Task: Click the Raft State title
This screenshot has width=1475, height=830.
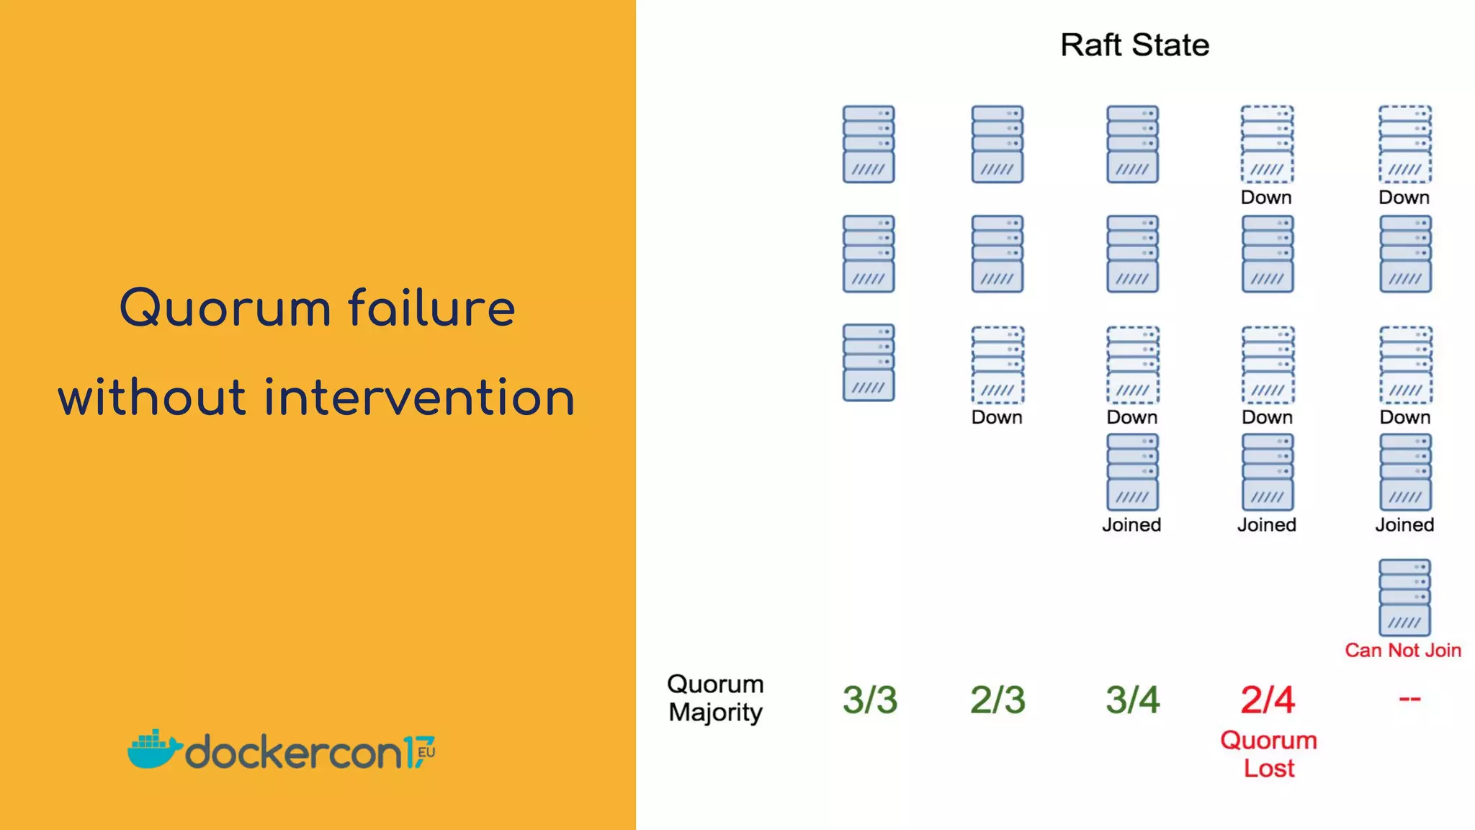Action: pyautogui.click(x=1134, y=45)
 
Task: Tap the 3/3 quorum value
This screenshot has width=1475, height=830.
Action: pyautogui.click(x=870, y=700)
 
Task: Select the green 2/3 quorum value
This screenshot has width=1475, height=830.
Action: pyautogui.click(x=997, y=700)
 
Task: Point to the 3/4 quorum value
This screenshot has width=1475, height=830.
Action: pyautogui.click(x=1132, y=700)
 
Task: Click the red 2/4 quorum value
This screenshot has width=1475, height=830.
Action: pyautogui.click(x=1268, y=700)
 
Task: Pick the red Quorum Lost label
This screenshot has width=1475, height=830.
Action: pyautogui.click(x=1268, y=754)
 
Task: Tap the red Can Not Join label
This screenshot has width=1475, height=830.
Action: pyautogui.click(x=1403, y=650)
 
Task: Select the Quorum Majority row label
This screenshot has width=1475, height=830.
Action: pyautogui.click(x=715, y=697)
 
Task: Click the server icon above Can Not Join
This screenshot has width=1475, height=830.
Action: pyautogui.click(x=1404, y=597)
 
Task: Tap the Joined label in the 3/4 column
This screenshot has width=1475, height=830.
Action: pyautogui.click(x=1131, y=525)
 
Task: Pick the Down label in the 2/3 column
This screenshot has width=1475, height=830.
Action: pyautogui.click(x=997, y=417)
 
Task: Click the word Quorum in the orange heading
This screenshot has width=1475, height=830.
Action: pyautogui.click(x=225, y=308)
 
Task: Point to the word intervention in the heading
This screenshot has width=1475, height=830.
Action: pyautogui.click(x=419, y=398)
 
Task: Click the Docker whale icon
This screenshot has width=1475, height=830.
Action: pyautogui.click(x=153, y=749)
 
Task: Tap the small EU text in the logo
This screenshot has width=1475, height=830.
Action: pyautogui.click(x=426, y=752)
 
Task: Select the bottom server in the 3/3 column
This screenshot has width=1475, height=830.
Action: pyautogui.click(x=869, y=362)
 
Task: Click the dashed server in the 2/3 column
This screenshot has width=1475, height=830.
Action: pyautogui.click(x=997, y=365)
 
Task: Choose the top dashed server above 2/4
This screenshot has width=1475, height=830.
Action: pyautogui.click(x=1268, y=144)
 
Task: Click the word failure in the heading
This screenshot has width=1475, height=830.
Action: pyautogui.click(x=432, y=308)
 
